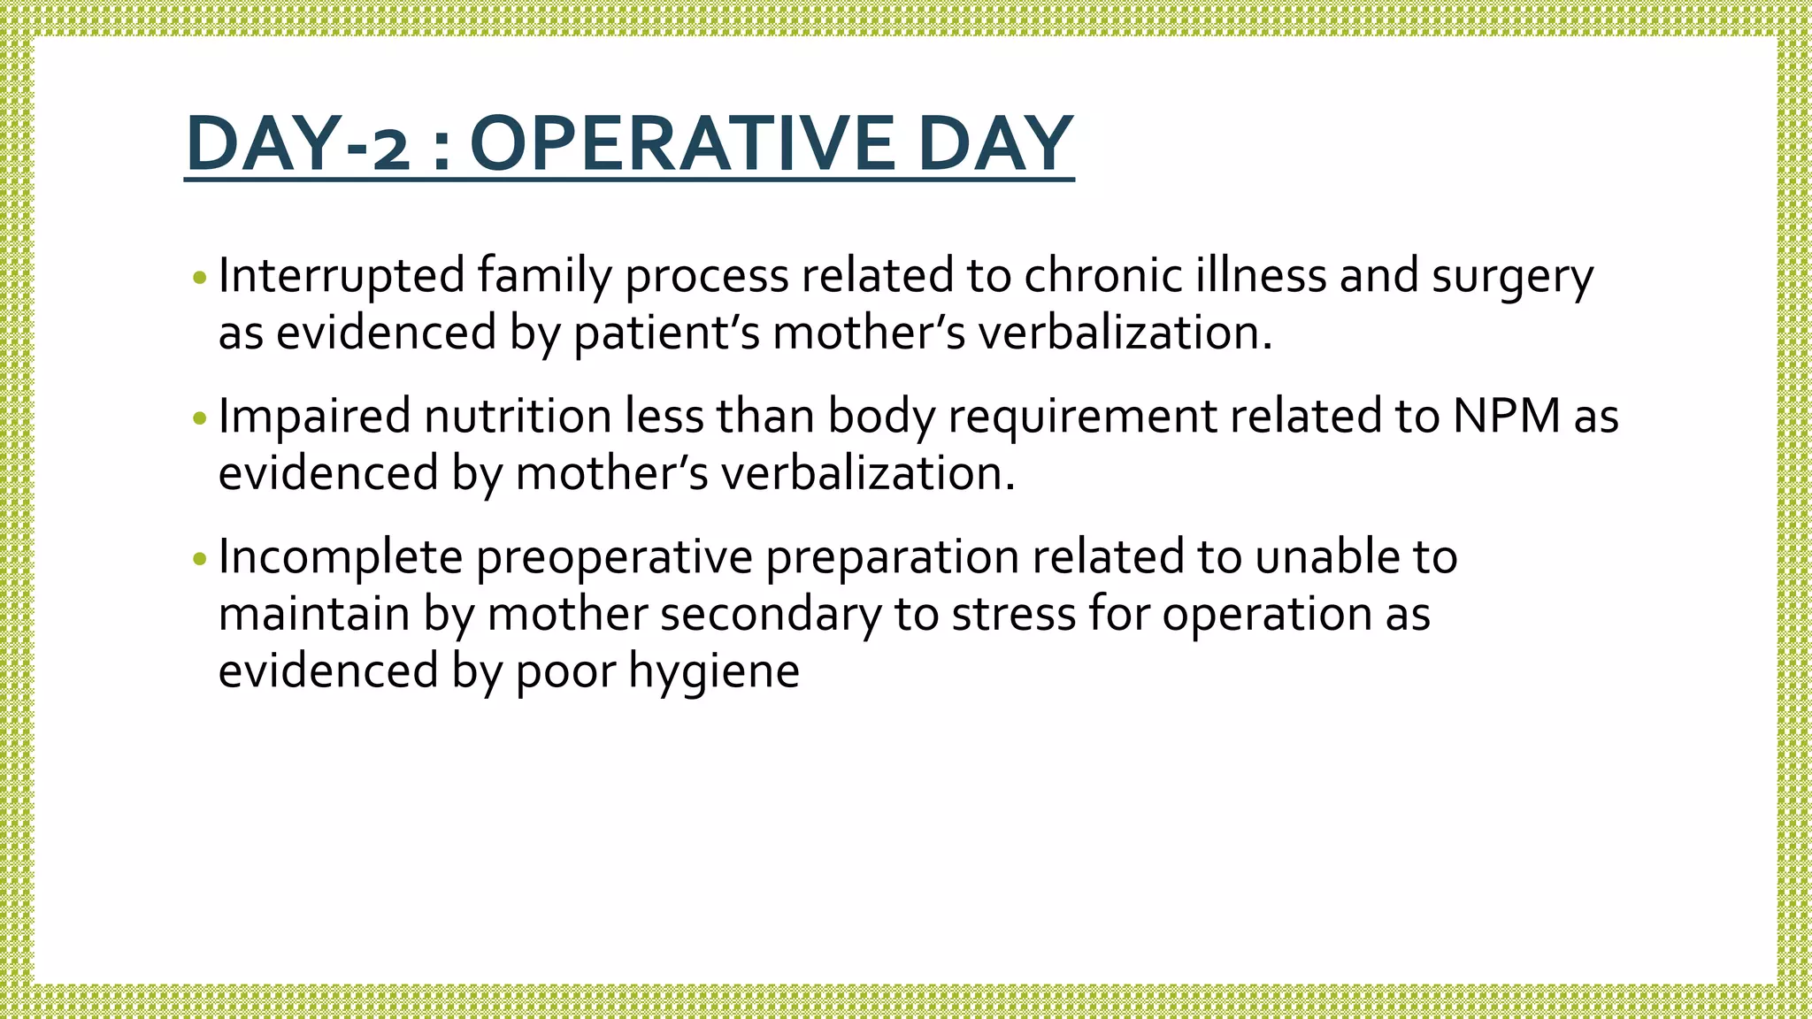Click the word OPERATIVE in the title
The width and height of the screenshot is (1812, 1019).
(x=681, y=143)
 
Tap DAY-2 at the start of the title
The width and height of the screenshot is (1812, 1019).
(x=298, y=143)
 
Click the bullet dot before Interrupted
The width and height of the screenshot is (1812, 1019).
(x=200, y=278)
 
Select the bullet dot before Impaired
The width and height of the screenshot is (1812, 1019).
(x=200, y=418)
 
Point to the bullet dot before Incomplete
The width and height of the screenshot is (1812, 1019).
(x=200, y=558)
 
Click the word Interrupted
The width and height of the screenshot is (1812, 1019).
(x=341, y=275)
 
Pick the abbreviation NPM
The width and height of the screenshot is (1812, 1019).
(x=1506, y=416)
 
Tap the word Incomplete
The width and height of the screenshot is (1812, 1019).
(x=340, y=556)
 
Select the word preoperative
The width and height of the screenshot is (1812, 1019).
(x=614, y=558)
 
